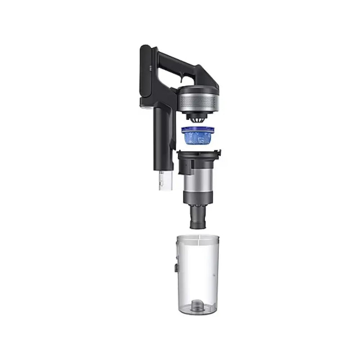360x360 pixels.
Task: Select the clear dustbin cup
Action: pos(198,274)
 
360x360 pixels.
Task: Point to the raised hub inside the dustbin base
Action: pos(197,306)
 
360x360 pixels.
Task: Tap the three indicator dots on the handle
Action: pos(148,68)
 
